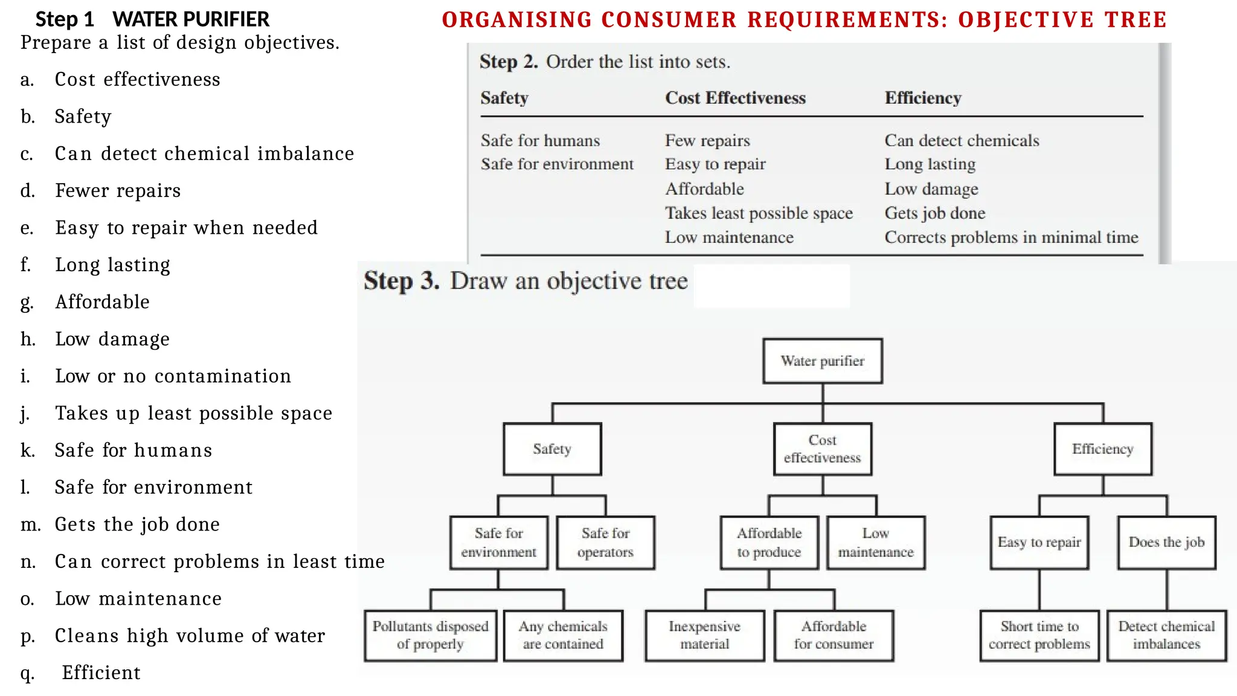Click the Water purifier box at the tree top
click(822, 361)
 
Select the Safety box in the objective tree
click(552, 449)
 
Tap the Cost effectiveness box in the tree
click(822, 449)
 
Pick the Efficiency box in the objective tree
click(1102, 449)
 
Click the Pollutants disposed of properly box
click(430, 636)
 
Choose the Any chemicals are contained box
click(563, 636)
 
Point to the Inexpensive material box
click(704, 636)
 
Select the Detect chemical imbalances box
click(1166, 636)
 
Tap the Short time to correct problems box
click(1039, 636)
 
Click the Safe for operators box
click(605, 543)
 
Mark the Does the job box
click(1166, 543)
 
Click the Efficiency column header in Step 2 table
click(922, 98)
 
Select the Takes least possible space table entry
click(759, 213)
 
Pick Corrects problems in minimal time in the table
click(1011, 237)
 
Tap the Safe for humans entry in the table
click(540, 141)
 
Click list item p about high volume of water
click(190, 636)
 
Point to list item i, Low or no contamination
click(173, 376)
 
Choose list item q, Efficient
click(101, 673)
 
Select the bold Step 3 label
click(401, 281)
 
